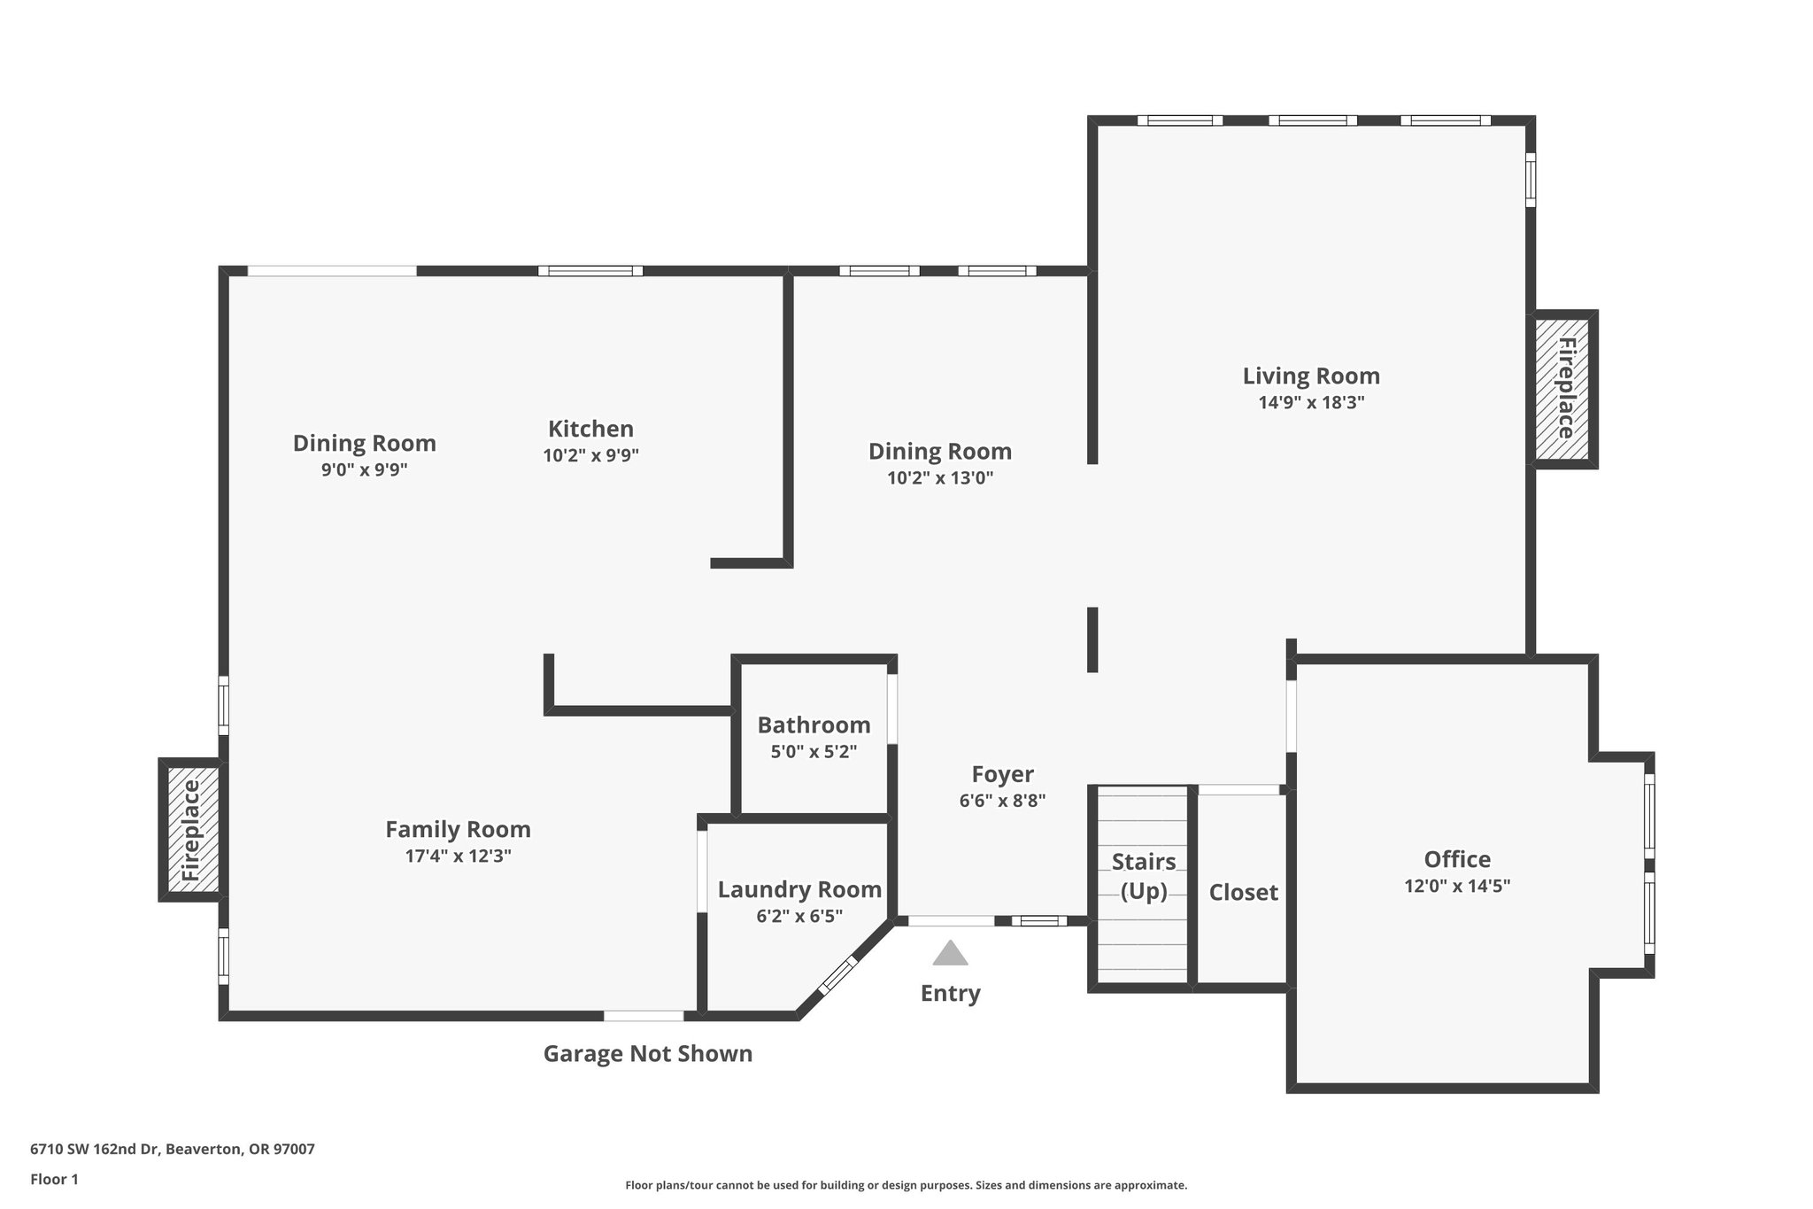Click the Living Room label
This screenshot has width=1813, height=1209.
pos(1311,376)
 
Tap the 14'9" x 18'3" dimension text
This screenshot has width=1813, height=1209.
pos(1311,403)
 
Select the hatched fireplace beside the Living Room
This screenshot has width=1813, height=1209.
pos(1564,389)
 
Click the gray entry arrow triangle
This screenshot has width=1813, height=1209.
pos(950,955)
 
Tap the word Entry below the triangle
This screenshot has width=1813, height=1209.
pos(950,994)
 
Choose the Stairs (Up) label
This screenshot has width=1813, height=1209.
pos(1143,876)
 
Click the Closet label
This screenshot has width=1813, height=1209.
pos(1243,893)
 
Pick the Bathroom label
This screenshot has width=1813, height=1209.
pos(814,725)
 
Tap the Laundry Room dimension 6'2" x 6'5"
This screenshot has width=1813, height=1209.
pos(799,917)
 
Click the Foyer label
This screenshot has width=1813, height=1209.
pos(1002,775)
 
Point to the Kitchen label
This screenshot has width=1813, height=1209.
pos(590,430)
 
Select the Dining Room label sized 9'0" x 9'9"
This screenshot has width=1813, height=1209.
pos(364,443)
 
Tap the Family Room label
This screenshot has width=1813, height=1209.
pos(458,830)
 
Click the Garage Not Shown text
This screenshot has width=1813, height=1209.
pos(647,1054)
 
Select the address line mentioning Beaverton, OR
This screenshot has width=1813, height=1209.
pos(173,1150)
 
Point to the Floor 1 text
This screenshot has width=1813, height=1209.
pos(54,1180)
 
